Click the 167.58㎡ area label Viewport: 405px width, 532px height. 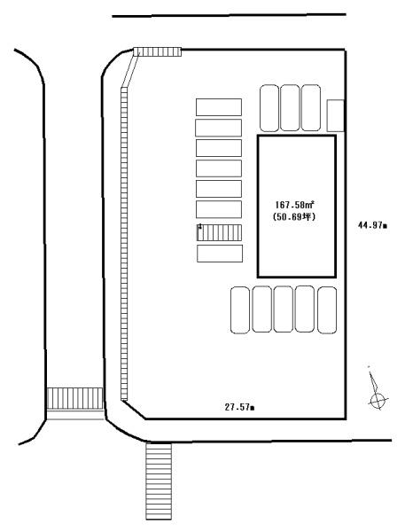pyautogui.click(x=294, y=205)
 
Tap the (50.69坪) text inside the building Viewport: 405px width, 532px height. pyautogui.click(x=294, y=217)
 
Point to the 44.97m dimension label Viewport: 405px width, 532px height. pyautogui.click(x=372, y=225)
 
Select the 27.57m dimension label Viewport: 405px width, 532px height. pyautogui.click(x=240, y=407)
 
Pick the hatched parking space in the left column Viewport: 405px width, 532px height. pyautogui.click(x=219, y=232)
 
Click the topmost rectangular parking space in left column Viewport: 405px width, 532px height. pyautogui.click(x=219, y=107)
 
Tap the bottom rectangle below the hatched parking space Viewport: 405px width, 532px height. pyautogui.click(x=220, y=254)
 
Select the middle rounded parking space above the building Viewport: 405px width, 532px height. pyautogui.click(x=290, y=108)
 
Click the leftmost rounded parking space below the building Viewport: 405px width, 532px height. pyautogui.click(x=240, y=310)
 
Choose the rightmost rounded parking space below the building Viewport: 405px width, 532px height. pyautogui.click(x=327, y=310)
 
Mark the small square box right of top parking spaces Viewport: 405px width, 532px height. pyautogui.click(x=336, y=115)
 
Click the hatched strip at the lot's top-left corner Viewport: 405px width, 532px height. pyautogui.click(x=158, y=52)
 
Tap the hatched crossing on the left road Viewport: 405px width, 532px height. pyautogui.click(x=74, y=399)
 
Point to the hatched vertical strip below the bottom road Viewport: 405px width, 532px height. pyautogui.click(x=159, y=481)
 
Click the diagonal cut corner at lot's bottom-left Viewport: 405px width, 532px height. pyautogui.click(x=135, y=410)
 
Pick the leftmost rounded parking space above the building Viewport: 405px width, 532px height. pyautogui.click(x=269, y=108)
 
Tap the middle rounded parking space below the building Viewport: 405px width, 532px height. pyautogui.click(x=284, y=309)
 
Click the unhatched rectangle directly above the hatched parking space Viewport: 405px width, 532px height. pyautogui.click(x=219, y=209)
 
